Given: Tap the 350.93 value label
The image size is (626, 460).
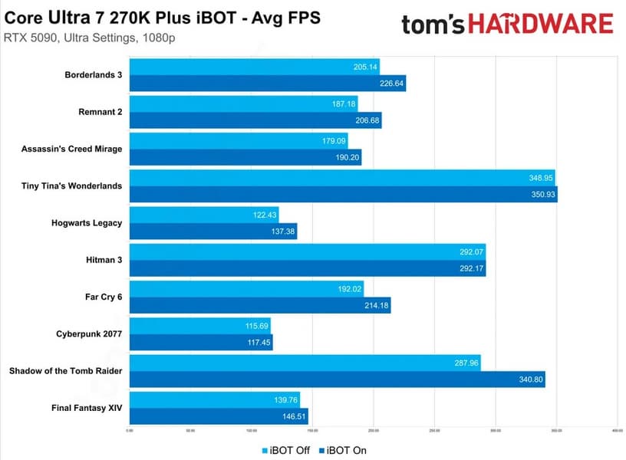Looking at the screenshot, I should click(541, 195).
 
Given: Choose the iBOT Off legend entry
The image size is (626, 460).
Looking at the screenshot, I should click(285, 450).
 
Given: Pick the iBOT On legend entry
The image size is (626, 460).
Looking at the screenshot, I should click(342, 450).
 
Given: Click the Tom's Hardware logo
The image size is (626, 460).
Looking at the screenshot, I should click(507, 24).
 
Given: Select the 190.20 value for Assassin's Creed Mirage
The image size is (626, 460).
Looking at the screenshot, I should click(346, 158).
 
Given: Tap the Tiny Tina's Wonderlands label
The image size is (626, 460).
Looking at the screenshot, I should click(74, 186).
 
